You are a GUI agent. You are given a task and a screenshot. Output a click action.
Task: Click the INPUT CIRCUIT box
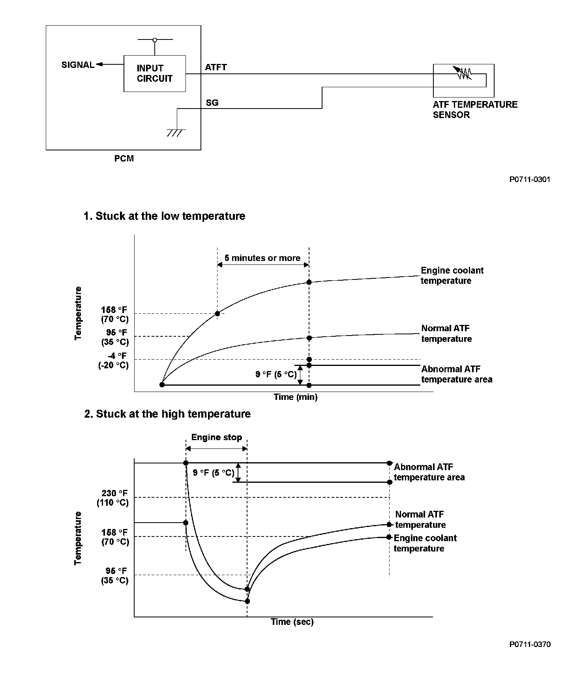155,73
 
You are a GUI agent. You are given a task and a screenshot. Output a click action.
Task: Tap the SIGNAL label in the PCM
78,65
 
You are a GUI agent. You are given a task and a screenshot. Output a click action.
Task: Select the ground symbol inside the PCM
176,132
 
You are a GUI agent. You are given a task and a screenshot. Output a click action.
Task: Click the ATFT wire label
216,67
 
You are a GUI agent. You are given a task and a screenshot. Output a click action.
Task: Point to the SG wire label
212,103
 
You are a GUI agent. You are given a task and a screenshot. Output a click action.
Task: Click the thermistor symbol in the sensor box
464,73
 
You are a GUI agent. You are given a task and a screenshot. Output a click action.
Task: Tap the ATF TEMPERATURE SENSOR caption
475,110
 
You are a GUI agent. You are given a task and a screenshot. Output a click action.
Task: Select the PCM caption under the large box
124,158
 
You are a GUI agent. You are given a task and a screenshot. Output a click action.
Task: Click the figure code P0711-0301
529,179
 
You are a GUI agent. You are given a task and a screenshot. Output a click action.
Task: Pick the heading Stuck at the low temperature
165,216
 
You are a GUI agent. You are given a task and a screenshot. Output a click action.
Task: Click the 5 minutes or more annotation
262,258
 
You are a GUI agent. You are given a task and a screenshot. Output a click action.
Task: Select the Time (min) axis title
296,397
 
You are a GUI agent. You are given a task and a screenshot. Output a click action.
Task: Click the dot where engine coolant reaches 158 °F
217,313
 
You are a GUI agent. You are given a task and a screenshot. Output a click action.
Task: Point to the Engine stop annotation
216,437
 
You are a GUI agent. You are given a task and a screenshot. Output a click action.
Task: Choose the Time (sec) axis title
292,622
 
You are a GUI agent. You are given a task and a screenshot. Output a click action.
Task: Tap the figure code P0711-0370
530,644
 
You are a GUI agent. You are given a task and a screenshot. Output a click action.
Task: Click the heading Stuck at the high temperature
167,414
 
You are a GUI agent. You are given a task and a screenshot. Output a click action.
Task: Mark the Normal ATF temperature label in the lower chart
420,519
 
